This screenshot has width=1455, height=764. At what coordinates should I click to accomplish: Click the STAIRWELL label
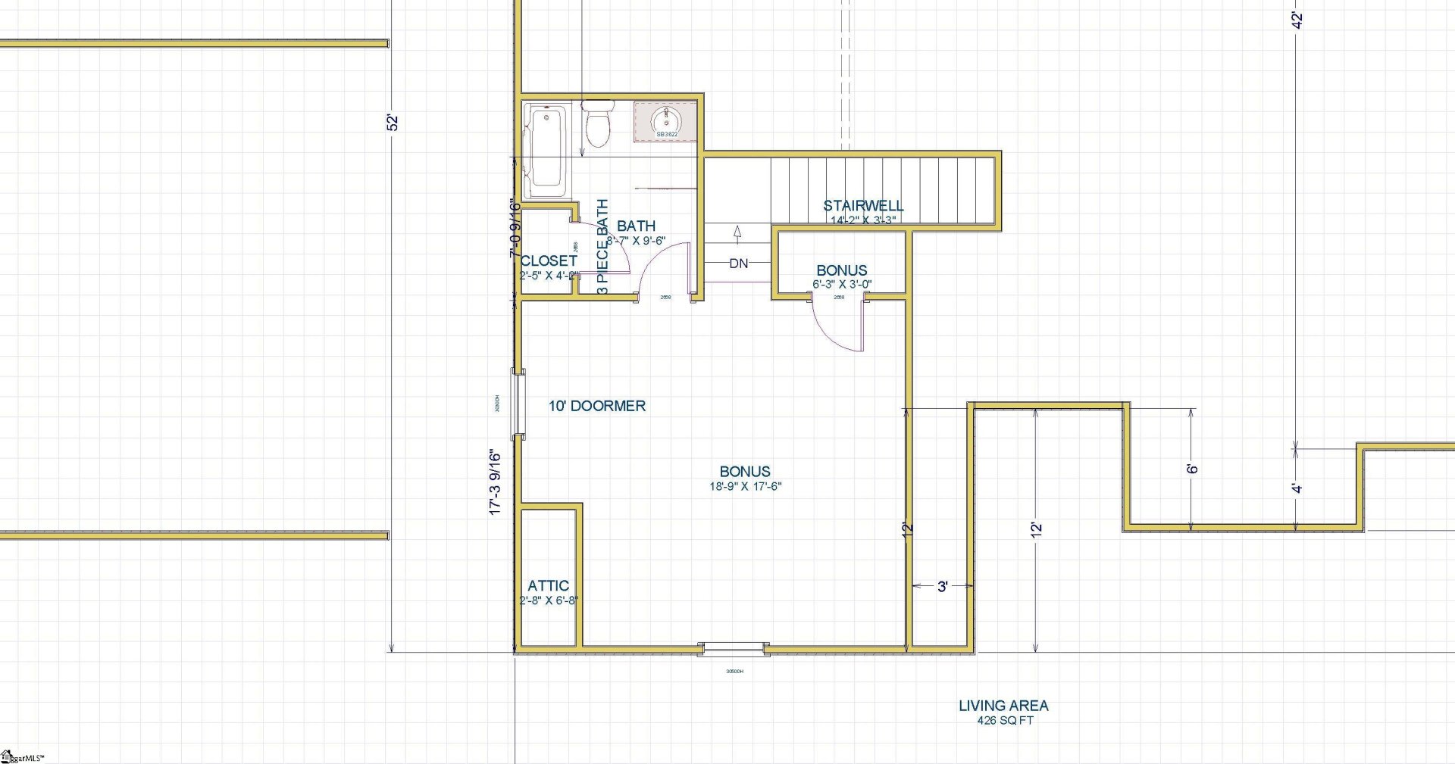click(863, 205)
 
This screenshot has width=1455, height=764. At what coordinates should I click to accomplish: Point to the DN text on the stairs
click(739, 264)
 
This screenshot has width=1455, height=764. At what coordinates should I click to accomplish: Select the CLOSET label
click(549, 260)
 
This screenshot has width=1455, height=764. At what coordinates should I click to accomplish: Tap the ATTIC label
click(548, 585)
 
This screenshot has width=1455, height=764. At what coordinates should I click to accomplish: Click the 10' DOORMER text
click(597, 406)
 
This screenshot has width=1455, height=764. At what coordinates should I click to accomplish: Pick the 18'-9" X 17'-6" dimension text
click(746, 486)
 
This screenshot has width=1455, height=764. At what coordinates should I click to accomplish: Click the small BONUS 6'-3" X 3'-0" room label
click(841, 271)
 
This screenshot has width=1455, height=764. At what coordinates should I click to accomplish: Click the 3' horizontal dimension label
click(943, 586)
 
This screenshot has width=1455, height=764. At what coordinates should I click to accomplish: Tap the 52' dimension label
click(392, 123)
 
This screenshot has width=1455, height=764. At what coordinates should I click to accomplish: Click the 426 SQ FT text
click(1005, 721)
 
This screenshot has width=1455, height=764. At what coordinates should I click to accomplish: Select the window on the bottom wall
click(733, 648)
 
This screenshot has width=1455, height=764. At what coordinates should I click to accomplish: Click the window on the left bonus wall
click(518, 404)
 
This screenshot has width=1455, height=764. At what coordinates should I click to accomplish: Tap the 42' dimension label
click(1297, 21)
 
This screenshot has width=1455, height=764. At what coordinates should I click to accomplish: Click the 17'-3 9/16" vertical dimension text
click(496, 483)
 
